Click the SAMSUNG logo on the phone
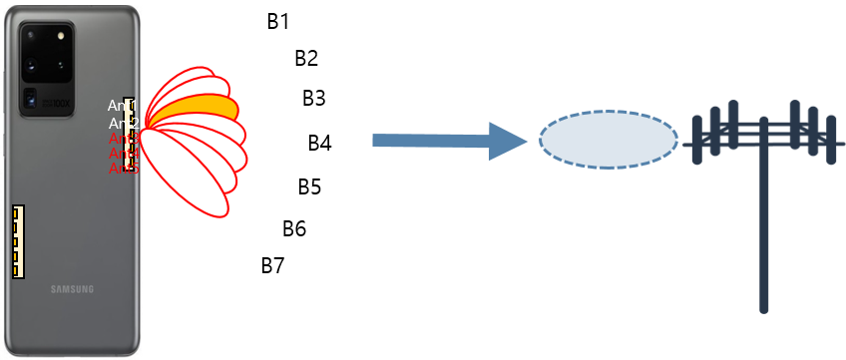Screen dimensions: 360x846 [x=73, y=289]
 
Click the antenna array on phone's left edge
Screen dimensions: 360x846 [x=17, y=241]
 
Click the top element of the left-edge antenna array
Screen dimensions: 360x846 [x=17, y=213]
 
